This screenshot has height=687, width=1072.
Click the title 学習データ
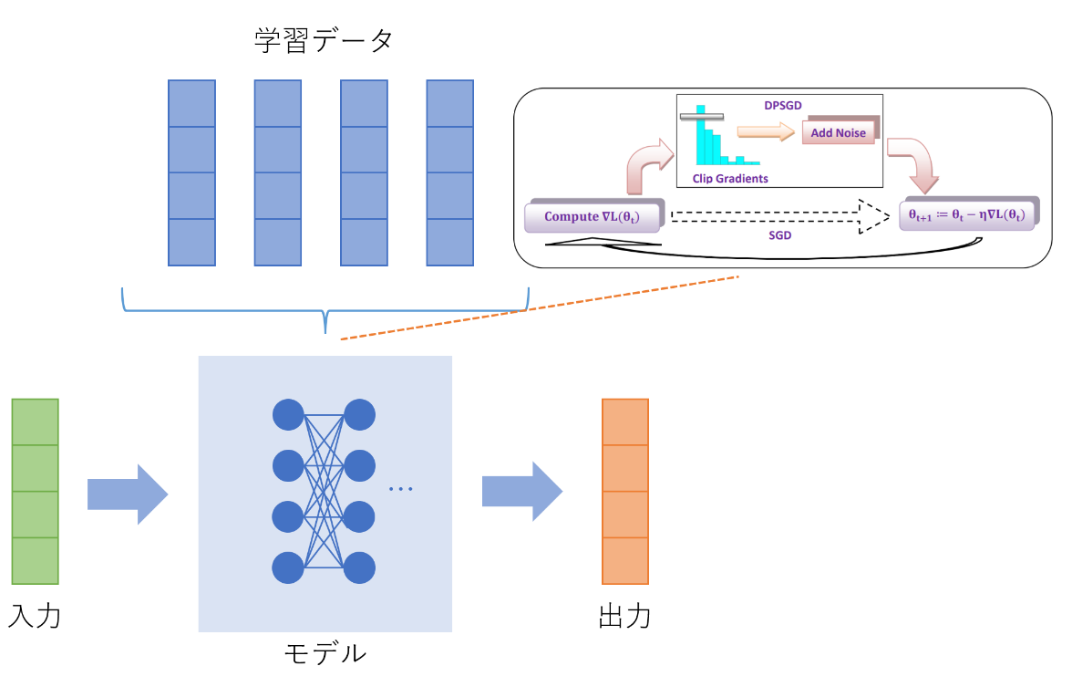coord(324,41)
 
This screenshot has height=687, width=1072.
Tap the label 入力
coord(34,616)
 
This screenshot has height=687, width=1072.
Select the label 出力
coord(624,616)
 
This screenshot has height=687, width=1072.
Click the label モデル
coord(325,654)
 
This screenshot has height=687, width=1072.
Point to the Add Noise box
coord(839,133)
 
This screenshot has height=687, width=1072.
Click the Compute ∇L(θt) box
coord(593,217)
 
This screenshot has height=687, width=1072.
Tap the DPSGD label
coord(783,106)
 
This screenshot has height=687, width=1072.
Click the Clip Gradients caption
coord(730,179)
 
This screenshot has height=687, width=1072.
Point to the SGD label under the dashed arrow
coord(780,234)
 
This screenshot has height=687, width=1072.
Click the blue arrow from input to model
coord(128,494)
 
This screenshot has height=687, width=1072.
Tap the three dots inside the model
coord(401,490)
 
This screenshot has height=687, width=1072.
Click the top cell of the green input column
coord(35,422)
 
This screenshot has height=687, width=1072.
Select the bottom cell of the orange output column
coord(625,560)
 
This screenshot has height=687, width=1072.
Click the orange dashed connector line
coord(538,307)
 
